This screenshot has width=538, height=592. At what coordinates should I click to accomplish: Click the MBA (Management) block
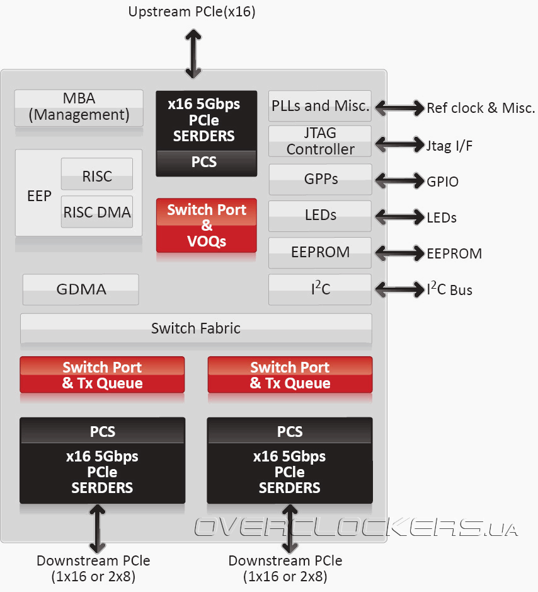(79, 107)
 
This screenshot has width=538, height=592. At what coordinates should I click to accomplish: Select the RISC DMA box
(97, 212)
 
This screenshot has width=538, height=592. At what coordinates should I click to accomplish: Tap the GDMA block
(81, 289)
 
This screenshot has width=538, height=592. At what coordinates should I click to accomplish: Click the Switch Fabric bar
(196, 328)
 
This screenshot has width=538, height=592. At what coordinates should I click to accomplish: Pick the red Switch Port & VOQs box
(207, 225)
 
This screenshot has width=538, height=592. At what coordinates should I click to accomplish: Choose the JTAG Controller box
(320, 141)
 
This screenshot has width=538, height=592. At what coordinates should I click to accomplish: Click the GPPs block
(320, 179)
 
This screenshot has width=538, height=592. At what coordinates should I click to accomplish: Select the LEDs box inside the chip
(320, 216)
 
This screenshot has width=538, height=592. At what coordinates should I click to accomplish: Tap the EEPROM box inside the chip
(320, 252)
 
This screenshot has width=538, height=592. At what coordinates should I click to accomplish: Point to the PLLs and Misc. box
(320, 106)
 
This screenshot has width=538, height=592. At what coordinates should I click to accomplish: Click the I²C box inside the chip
(320, 289)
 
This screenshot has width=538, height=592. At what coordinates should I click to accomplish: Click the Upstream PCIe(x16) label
(192, 12)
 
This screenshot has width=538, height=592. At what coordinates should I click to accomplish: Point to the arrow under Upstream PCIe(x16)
(192, 49)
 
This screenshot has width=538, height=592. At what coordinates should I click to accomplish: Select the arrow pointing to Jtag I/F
(399, 144)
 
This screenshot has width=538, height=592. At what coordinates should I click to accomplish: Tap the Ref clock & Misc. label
(481, 108)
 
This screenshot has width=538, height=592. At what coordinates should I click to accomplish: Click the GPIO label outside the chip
(442, 182)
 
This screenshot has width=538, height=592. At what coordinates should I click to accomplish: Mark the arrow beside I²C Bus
(399, 289)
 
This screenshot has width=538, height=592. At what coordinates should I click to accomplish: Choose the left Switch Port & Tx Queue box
(102, 375)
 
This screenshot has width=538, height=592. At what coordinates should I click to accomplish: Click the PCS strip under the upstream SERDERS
(207, 163)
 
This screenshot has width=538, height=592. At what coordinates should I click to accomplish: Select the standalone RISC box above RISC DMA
(97, 176)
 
